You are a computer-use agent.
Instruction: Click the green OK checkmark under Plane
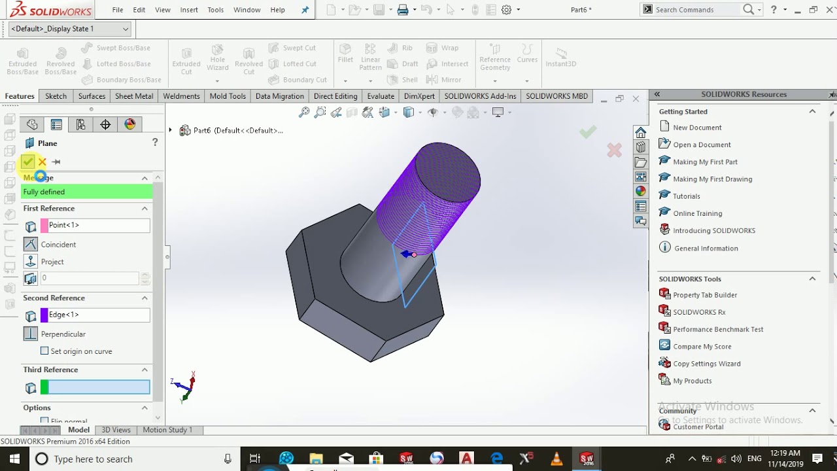27,162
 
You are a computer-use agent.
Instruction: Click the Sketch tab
56,96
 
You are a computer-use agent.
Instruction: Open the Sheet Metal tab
134,96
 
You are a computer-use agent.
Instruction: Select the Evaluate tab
381,96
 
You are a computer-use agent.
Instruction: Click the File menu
118,10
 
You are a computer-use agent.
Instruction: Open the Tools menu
215,10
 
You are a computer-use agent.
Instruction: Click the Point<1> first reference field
95,225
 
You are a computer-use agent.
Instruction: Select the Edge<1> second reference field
95,315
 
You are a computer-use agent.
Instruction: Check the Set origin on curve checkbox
44,351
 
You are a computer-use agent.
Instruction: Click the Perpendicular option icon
31,334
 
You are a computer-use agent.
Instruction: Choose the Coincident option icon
31,244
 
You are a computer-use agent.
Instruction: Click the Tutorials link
687,196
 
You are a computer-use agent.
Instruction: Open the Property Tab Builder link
705,295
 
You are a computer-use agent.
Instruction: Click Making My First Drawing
712,179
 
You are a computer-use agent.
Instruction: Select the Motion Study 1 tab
167,430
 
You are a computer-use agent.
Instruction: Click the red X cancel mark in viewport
614,150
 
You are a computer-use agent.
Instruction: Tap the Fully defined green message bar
87,192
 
